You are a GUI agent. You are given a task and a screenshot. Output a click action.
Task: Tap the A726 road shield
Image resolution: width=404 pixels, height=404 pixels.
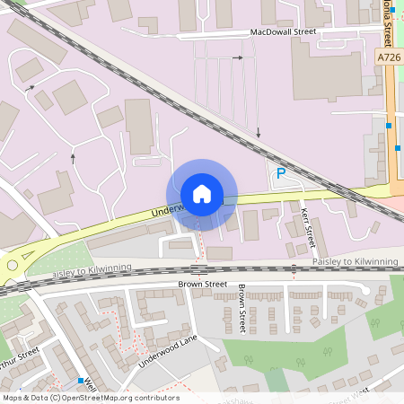tap(389, 57)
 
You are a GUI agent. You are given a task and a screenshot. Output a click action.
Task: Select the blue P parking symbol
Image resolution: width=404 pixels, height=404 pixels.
tap(280, 173)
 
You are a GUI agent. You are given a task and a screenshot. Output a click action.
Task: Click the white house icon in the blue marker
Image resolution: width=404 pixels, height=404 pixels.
tap(201, 194)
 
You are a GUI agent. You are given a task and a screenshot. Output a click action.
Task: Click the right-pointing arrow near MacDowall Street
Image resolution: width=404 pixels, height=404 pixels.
tap(238, 57)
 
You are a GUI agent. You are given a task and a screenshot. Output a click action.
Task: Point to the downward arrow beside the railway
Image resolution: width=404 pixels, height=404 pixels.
tap(259, 133)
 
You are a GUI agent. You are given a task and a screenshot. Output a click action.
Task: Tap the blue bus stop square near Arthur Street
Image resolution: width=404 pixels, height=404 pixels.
tap(81, 381)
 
